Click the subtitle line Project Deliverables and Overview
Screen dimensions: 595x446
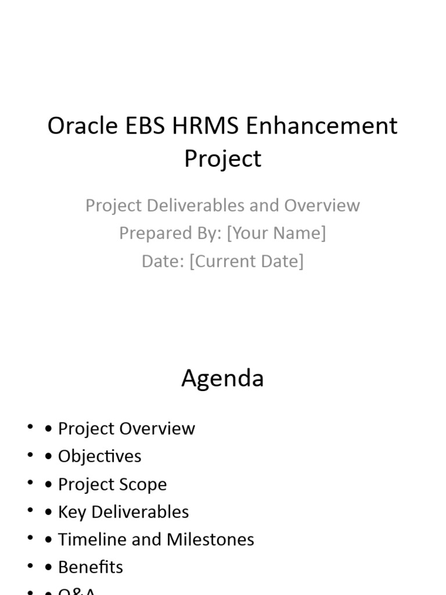tap(222, 205)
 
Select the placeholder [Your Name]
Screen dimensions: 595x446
tap(276, 233)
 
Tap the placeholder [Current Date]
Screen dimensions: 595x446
tap(246, 261)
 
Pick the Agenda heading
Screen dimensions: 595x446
tap(222, 378)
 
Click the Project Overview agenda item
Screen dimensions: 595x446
tap(126, 429)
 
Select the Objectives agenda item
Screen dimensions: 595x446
tap(99, 456)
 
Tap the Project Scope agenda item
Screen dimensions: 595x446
tap(112, 484)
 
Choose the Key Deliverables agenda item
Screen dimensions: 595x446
tap(123, 512)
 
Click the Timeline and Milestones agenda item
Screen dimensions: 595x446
tap(156, 540)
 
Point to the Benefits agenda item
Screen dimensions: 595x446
tap(90, 567)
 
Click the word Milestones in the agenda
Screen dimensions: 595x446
tap(210, 540)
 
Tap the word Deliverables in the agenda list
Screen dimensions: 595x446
tap(140, 512)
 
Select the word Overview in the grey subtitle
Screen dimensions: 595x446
tap(322, 205)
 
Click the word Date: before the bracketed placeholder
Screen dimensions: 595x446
tap(163, 261)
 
